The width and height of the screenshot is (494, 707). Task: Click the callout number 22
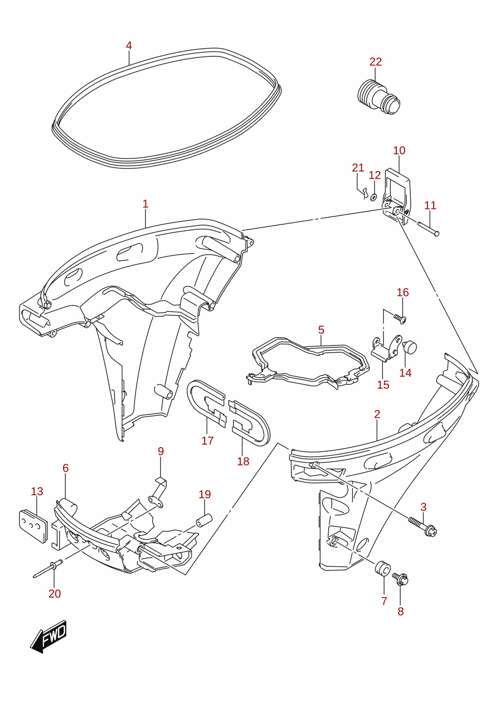tap(375, 62)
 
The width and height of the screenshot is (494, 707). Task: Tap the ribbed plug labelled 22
tap(379, 97)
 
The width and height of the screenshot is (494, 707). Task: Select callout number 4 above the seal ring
tap(128, 46)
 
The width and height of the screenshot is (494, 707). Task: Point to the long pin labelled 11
tap(428, 228)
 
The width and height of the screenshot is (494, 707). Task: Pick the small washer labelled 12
tap(373, 197)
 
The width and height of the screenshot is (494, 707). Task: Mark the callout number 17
tap(208, 441)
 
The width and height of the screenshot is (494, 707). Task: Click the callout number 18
tap(243, 462)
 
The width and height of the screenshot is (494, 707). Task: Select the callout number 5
tap(321, 330)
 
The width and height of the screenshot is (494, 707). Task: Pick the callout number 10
tap(399, 151)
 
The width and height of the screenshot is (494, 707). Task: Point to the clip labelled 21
tap(365, 193)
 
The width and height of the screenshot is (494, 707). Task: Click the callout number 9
tap(161, 451)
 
